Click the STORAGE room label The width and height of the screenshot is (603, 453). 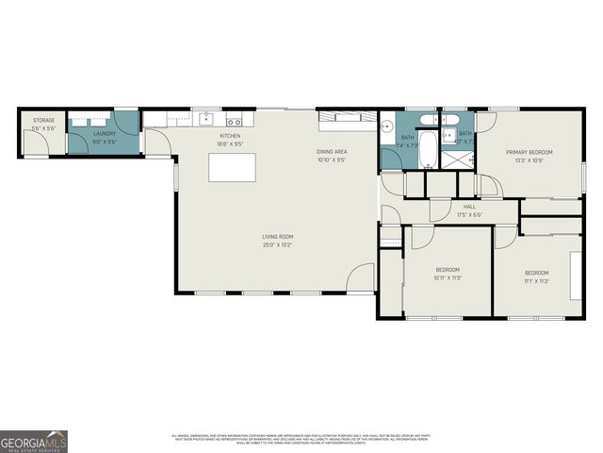[x=43, y=121]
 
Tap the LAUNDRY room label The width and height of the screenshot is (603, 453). [x=105, y=134]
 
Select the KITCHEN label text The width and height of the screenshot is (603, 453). [x=230, y=136]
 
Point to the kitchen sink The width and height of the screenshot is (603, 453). [x=205, y=120]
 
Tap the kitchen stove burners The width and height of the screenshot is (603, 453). [x=234, y=120]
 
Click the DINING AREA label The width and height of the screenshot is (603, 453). [x=332, y=151]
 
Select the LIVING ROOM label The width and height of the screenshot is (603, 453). [x=278, y=236]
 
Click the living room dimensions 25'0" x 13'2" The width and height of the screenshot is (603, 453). [x=278, y=244]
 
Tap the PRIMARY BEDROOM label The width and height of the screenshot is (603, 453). [x=529, y=152]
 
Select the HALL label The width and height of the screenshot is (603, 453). [x=469, y=207]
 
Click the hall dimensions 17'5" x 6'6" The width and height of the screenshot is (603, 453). [x=469, y=214]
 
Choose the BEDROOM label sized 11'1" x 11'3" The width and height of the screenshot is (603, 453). [x=536, y=273]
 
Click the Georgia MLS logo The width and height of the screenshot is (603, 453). [x=34, y=441]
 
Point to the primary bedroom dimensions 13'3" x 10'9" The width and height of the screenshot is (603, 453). [x=529, y=160]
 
